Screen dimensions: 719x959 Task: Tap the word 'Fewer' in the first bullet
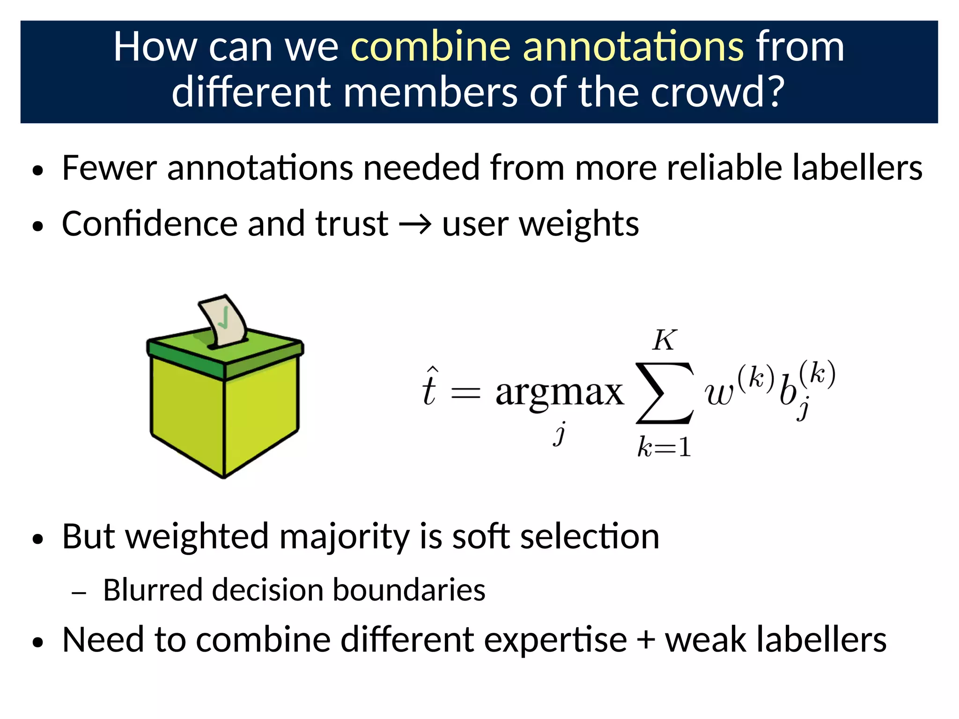[x=109, y=168]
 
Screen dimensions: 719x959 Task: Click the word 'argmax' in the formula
[x=559, y=393]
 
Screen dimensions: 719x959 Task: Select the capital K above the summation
[x=664, y=340]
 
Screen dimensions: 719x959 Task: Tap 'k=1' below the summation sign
[x=664, y=447]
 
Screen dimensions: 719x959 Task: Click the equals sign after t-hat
[x=465, y=393]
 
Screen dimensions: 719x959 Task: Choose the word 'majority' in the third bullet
[x=345, y=536]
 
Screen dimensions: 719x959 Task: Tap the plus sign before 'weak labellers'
[x=646, y=640]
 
